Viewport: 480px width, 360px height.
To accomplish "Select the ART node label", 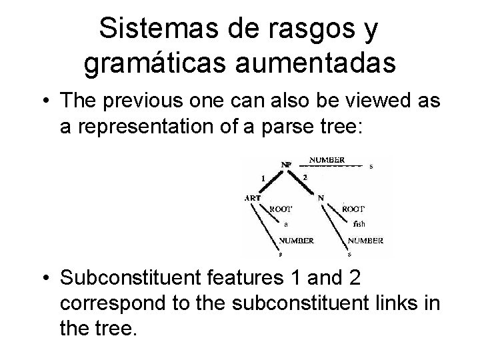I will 253,198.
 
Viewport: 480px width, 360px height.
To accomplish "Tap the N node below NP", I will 321,197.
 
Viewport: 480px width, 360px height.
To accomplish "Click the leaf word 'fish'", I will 359,224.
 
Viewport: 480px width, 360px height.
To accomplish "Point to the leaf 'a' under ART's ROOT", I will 286,224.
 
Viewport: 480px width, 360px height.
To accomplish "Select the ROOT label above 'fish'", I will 353,209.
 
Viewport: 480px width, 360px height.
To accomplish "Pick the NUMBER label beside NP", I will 327,160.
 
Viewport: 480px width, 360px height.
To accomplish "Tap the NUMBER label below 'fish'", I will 365,241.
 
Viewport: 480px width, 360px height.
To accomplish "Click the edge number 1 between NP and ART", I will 263,178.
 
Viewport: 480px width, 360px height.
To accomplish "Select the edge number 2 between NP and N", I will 304,177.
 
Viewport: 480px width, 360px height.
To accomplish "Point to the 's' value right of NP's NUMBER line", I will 371,167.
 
